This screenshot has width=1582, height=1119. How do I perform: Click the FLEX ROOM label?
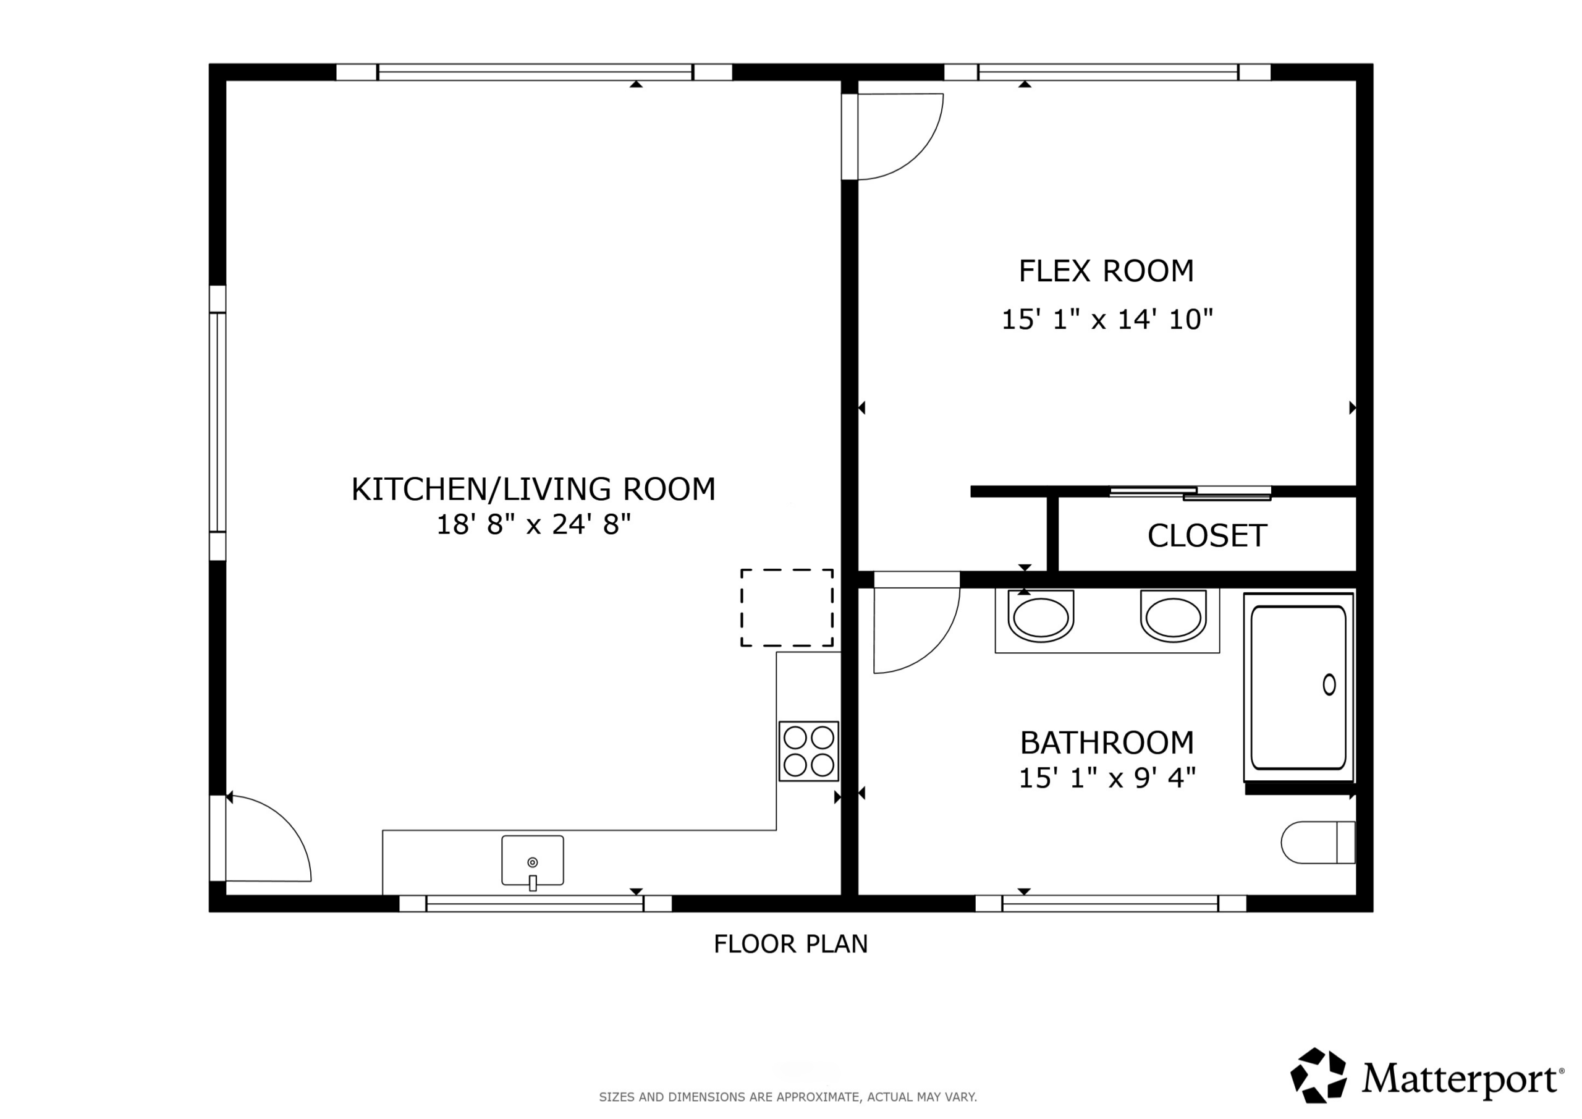click(1106, 271)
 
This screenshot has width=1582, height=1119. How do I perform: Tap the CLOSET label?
click(1207, 536)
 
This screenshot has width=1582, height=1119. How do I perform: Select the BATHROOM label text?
click(1107, 742)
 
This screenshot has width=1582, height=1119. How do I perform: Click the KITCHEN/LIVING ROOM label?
click(533, 489)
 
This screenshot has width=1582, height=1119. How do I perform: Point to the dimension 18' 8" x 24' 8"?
click(533, 525)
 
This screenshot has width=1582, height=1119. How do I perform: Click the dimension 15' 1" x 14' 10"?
click(1107, 319)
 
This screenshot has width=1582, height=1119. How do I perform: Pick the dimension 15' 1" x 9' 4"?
click(1107, 778)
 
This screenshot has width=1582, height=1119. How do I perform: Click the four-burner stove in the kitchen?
click(808, 751)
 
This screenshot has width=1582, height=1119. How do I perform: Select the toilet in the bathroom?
click(1318, 842)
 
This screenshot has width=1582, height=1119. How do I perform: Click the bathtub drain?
click(1329, 684)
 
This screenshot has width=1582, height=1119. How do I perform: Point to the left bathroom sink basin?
click(1041, 616)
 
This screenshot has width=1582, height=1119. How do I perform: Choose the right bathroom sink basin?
click(1173, 616)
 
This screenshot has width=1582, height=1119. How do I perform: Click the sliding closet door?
click(1190, 492)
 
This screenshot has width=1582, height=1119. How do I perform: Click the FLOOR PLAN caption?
click(790, 944)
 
